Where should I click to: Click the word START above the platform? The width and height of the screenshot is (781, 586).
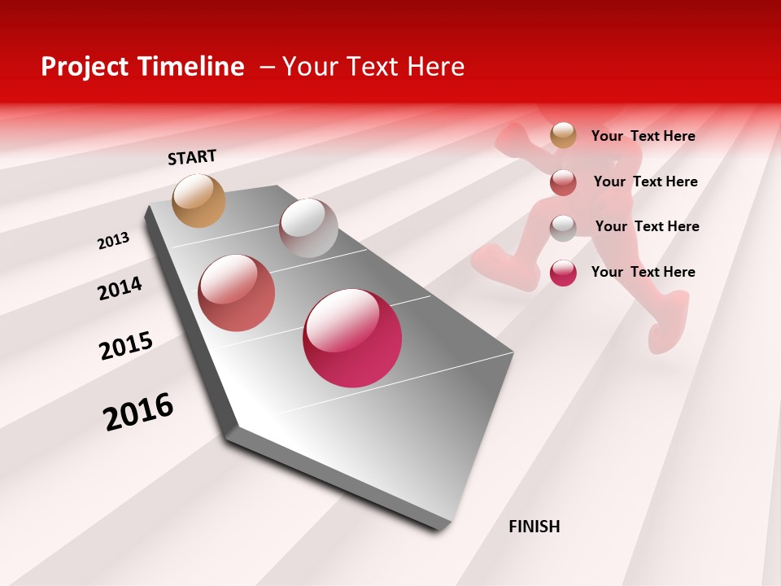[x=192, y=157]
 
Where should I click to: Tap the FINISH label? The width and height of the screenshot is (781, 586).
[x=534, y=527]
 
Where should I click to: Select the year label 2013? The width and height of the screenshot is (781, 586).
[x=113, y=241]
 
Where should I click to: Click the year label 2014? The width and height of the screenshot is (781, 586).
[x=120, y=288]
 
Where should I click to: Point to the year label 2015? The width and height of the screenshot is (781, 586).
[x=126, y=346]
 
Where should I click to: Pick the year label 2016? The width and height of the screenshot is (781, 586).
[x=138, y=411]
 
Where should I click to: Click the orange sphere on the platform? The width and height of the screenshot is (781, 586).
[x=199, y=200]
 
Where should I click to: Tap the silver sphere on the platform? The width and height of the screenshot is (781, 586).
[x=308, y=228]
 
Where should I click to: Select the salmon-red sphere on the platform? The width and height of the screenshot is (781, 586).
[x=236, y=293]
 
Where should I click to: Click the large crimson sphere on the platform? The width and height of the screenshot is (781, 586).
[x=352, y=338]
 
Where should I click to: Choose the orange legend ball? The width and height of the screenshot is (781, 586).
[x=563, y=135]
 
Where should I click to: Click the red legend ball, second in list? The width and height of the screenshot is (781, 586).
[x=563, y=182]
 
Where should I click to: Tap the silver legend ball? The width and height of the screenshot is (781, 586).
[x=563, y=227]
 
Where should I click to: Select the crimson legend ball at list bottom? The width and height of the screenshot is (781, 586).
[x=563, y=273]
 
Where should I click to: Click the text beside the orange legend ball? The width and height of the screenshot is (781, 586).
[x=643, y=136]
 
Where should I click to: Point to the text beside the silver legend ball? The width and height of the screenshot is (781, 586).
[x=647, y=226]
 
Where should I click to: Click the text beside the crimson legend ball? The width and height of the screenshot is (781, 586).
[x=643, y=272]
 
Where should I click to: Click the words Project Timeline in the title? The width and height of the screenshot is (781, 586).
[x=142, y=67]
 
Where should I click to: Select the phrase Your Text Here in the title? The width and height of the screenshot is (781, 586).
[x=373, y=67]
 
